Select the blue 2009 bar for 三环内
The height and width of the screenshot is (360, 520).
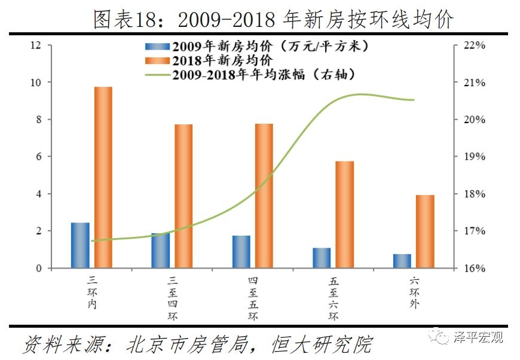(x=80, y=245)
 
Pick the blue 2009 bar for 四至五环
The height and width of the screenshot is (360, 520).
(x=241, y=252)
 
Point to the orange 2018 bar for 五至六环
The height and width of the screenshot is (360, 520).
(x=344, y=215)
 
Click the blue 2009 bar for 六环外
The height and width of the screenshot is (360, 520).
(x=402, y=261)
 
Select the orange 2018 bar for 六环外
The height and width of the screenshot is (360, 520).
(x=425, y=231)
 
